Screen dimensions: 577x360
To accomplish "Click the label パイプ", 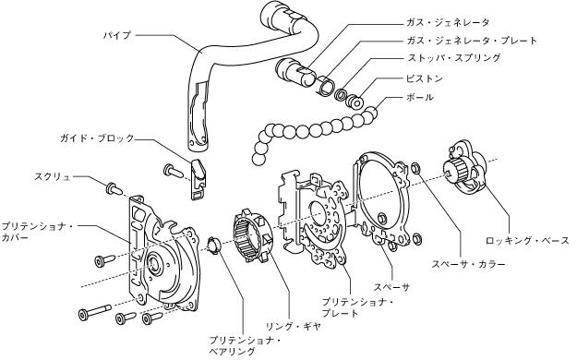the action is (116, 36).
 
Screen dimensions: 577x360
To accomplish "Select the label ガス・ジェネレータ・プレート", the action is (472, 40).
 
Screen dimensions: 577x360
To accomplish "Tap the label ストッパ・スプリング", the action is (453, 58).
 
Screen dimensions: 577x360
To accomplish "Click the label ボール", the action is (420, 97).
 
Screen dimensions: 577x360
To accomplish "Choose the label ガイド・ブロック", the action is (97, 138).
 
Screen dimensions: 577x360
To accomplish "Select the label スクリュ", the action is (53, 176).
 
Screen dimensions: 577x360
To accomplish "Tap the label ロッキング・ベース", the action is (527, 241).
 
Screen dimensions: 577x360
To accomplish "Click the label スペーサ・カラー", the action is (468, 264).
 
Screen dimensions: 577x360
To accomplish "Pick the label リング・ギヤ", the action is (293, 326).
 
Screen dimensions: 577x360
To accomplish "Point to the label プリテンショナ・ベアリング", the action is (245, 345).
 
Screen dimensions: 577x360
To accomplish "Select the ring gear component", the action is (253, 234).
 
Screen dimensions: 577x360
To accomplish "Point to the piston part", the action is (355, 102).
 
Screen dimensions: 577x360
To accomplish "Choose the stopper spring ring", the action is (341, 94).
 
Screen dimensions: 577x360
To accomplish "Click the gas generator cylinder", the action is (295, 72).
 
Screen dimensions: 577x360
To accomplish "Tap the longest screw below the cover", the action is (94, 312).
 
